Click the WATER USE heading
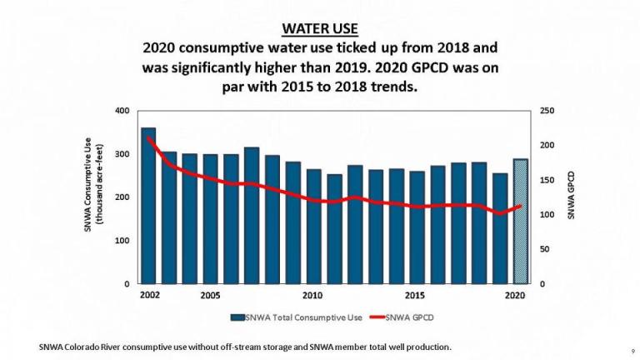pyautogui.click(x=320, y=28)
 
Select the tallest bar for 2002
pyautogui.click(x=148, y=208)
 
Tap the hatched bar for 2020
pyautogui.click(x=519, y=222)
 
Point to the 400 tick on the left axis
pyautogui.click(x=122, y=111)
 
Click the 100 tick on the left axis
pyautogui.click(x=122, y=241)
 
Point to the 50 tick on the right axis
pyautogui.click(x=545, y=249)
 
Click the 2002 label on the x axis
pyautogui.click(x=150, y=296)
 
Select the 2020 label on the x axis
pyautogui.click(x=517, y=296)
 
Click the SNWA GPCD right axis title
pyautogui.click(x=572, y=197)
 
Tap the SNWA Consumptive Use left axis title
pyautogui.click(x=92, y=196)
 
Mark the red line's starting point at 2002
pyautogui.click(x=148, y=137)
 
